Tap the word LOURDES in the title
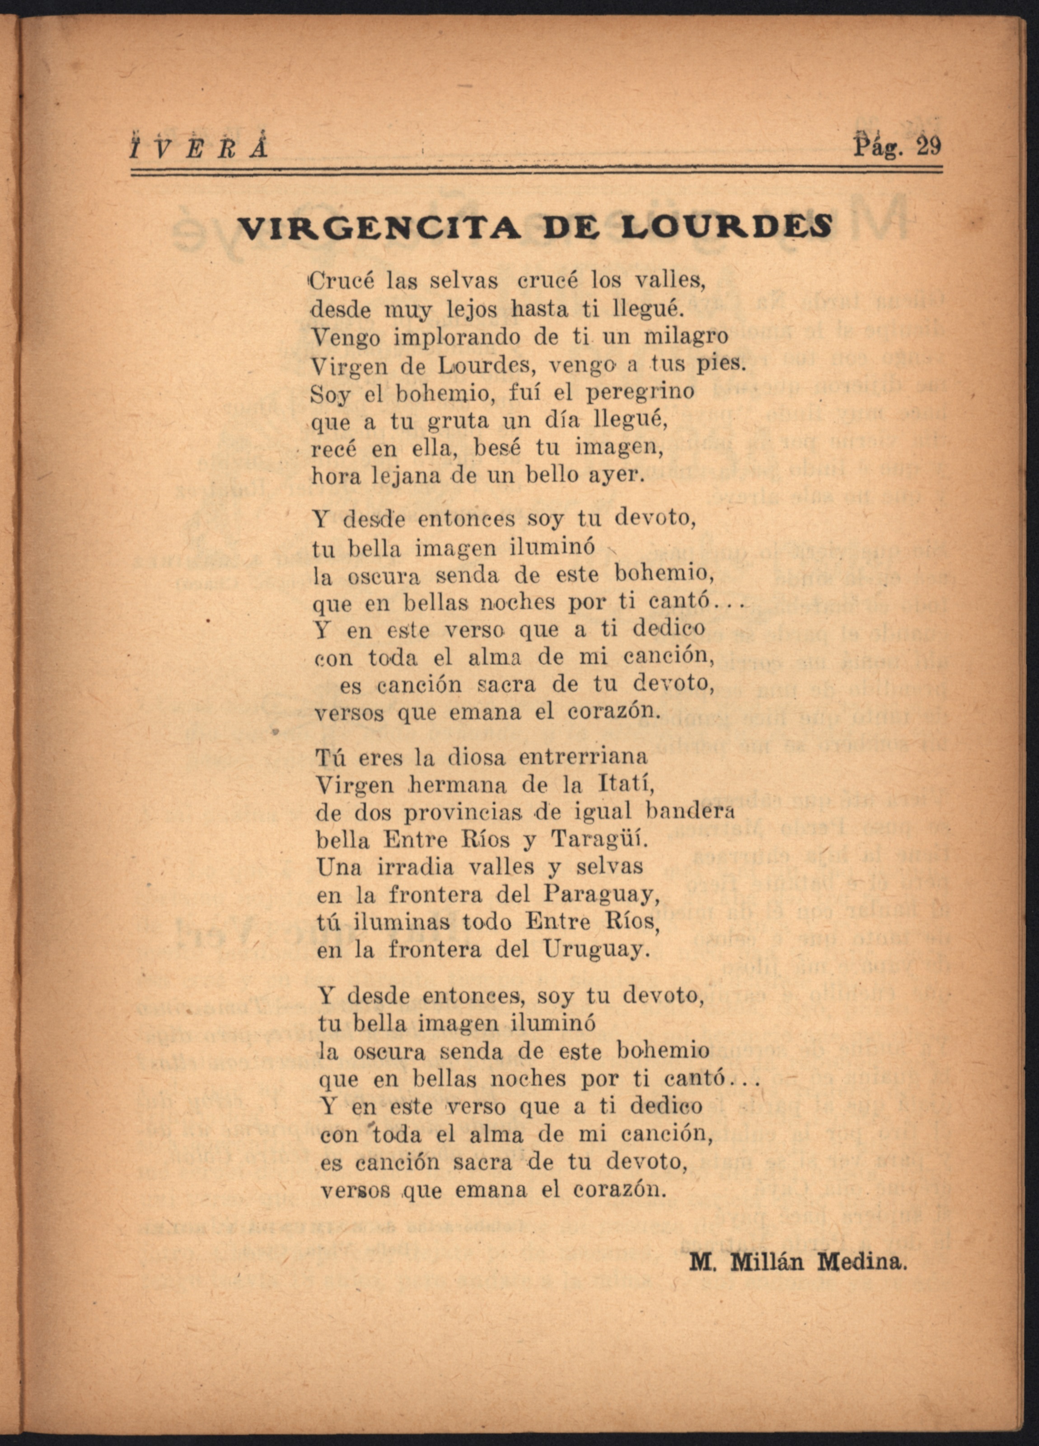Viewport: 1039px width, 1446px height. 727,228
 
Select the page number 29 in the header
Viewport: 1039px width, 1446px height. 928,147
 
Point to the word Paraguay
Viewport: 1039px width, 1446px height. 601,895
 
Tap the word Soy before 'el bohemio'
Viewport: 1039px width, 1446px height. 330,394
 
